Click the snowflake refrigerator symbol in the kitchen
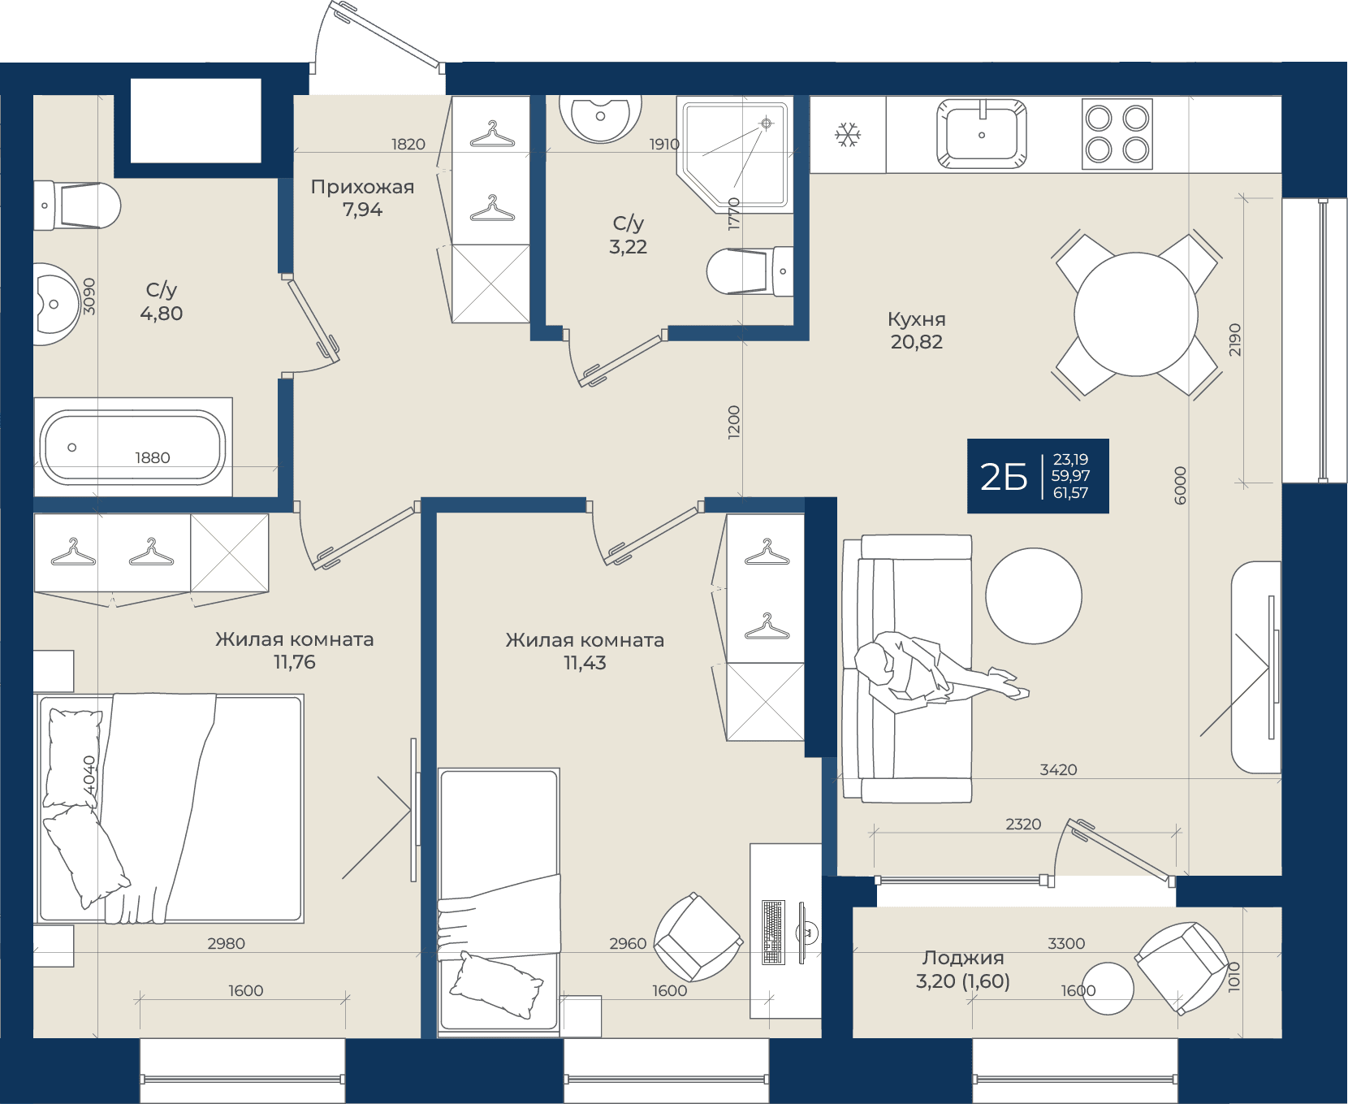848,135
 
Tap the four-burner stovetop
1117,134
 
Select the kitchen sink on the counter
981,133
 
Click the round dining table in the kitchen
1136,314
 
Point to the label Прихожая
362,187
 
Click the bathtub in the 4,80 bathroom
133,448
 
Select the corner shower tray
734,154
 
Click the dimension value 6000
1181,485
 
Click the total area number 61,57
1070,493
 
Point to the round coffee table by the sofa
1034,595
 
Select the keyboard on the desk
773,932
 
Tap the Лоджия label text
963,958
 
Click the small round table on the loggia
1108,989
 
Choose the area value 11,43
585,663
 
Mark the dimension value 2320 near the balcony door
1023,824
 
